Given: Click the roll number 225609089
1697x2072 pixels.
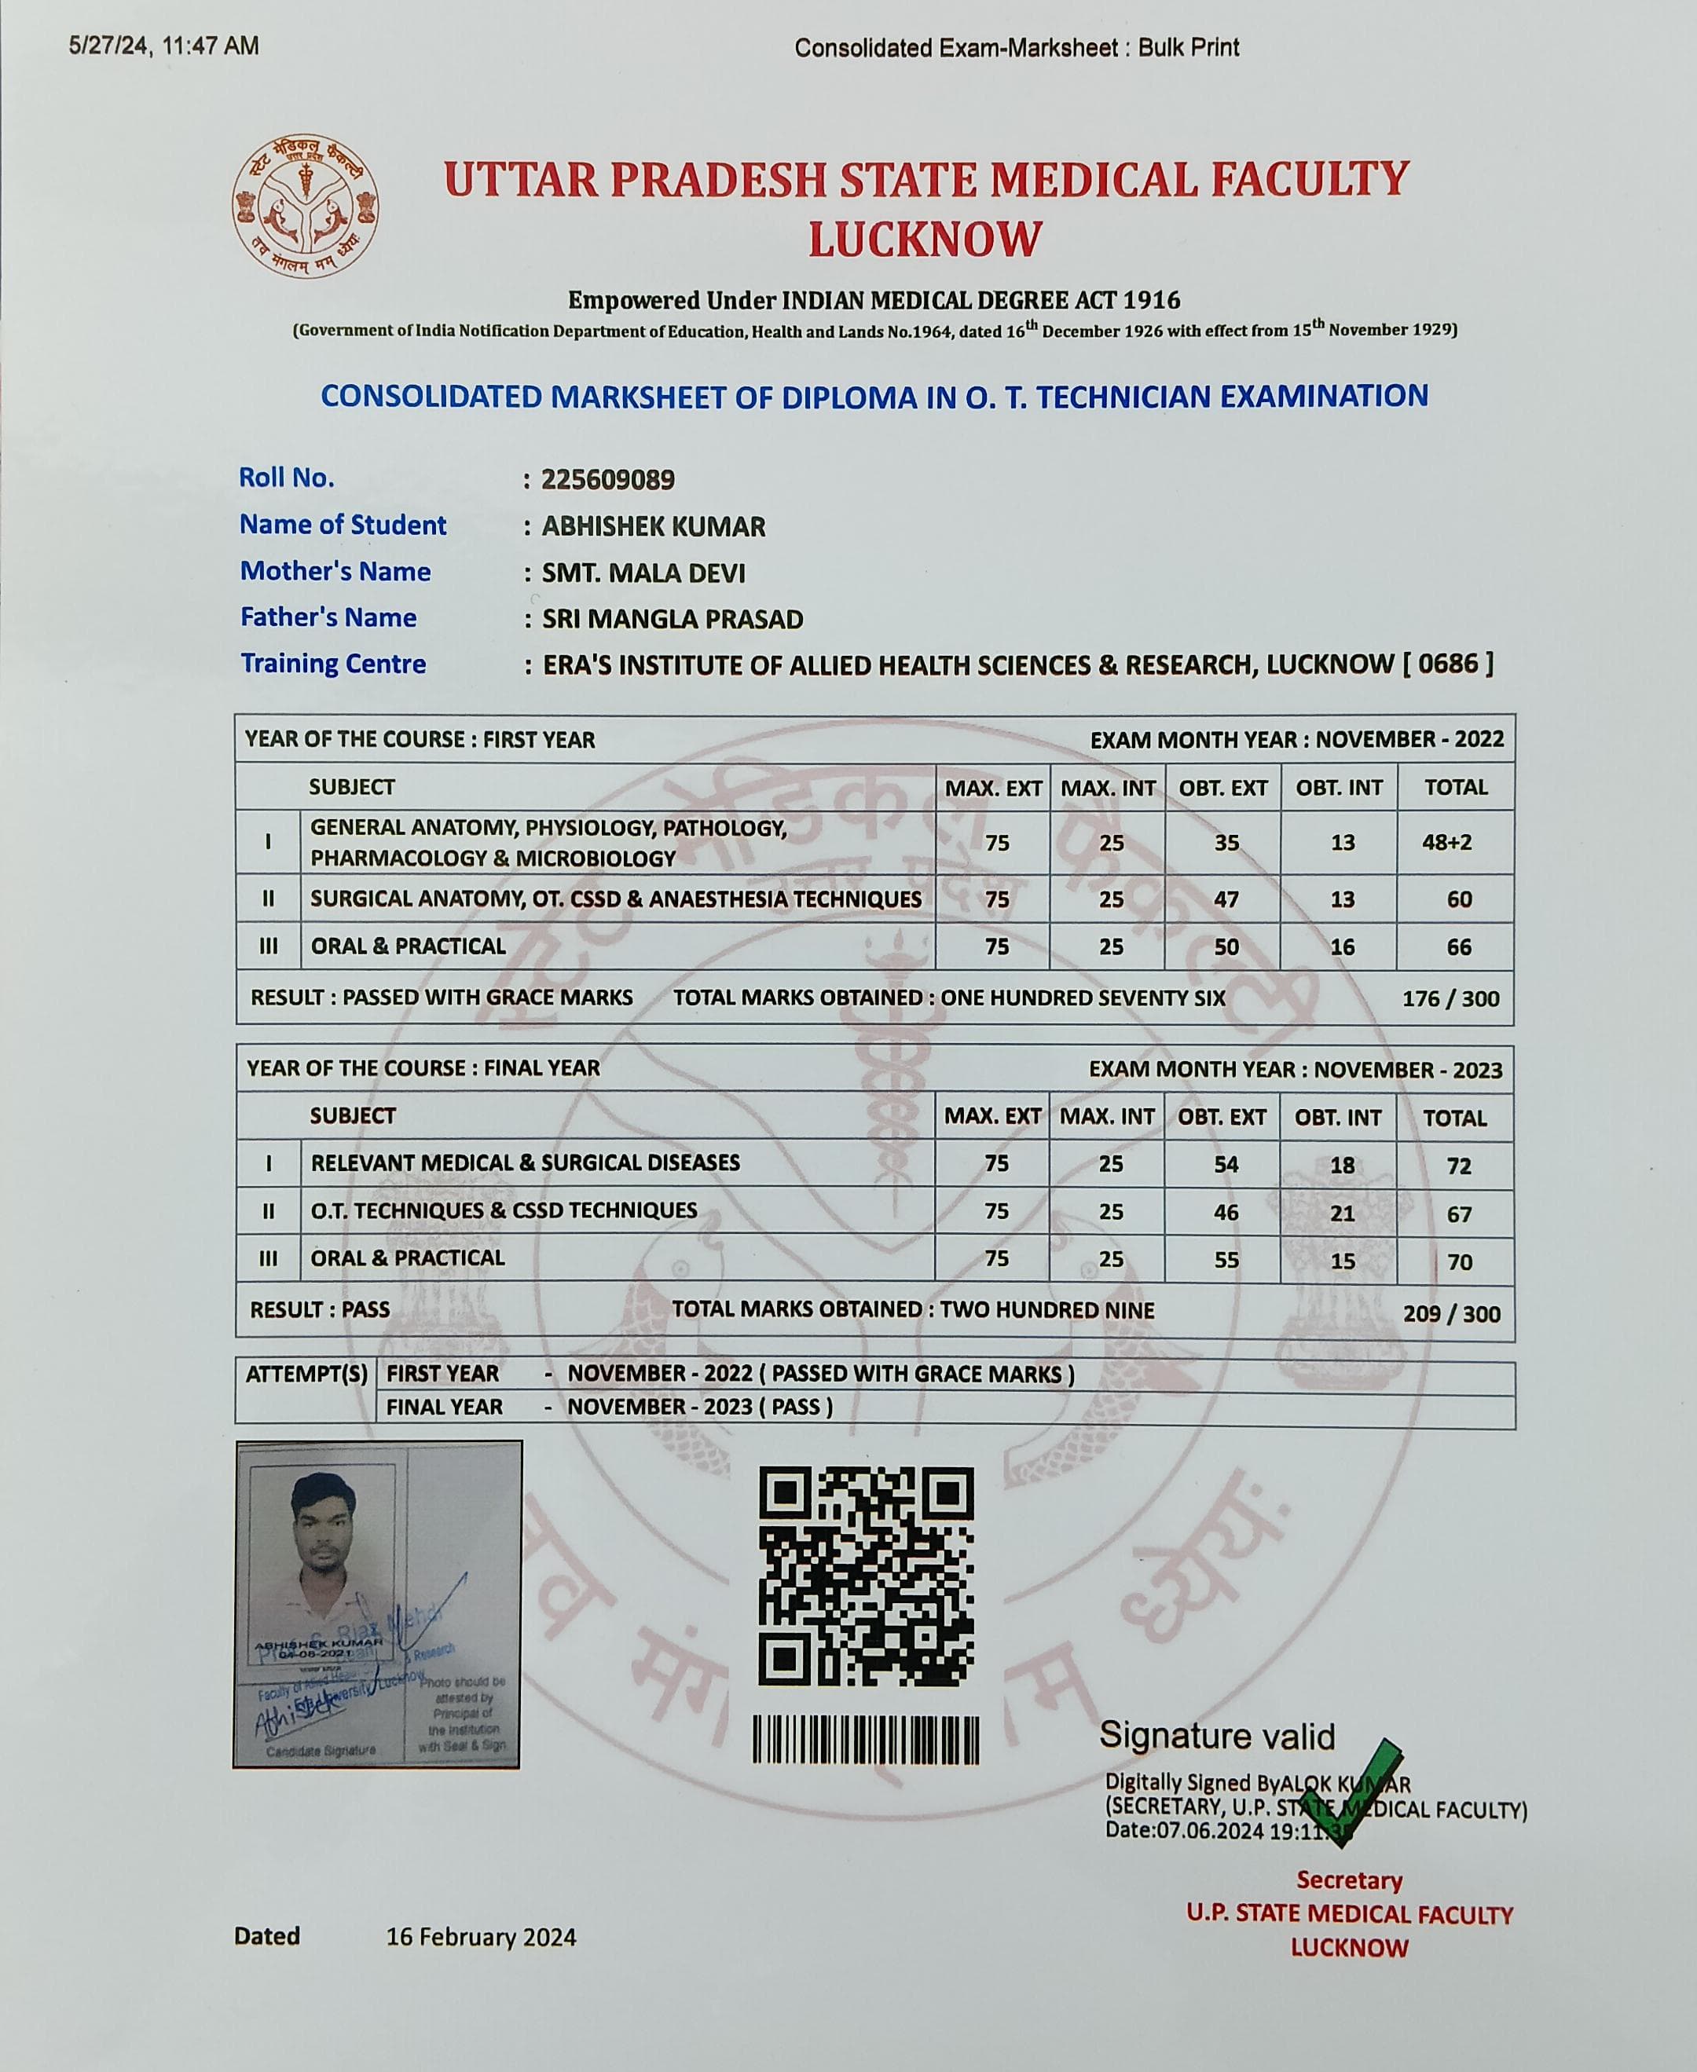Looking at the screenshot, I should click(607, 480).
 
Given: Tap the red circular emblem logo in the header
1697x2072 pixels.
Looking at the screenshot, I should click(305, 207).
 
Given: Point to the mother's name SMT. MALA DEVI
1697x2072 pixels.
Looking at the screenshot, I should click(643, 573).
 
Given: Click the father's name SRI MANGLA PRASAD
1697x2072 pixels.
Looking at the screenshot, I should click(673, 620).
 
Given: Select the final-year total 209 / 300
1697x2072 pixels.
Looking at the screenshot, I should click(1450, 1313).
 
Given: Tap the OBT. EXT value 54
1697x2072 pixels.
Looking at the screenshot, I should click(1226, 1164).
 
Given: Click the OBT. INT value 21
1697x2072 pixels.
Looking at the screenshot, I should click(1342, 1213).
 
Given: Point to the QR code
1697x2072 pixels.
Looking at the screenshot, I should click(866, 1576).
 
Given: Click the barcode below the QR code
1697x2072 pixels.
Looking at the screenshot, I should click(866, 1741).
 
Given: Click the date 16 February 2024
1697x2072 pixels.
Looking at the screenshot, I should click(481, 1937).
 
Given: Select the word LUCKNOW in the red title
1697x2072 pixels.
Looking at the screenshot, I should click(925, 240).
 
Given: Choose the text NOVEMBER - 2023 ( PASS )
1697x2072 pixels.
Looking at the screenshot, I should click(700, 1407).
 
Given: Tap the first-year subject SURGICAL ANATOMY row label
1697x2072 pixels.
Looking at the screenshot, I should click(615, 899).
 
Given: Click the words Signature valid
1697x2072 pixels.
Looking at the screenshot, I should click(1216, 1736).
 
